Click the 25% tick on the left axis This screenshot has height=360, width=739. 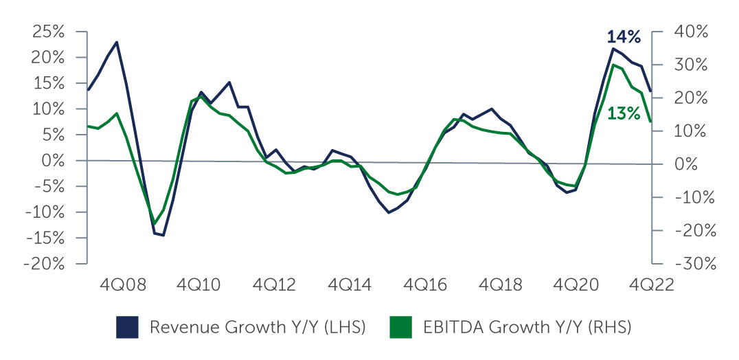click(x=83, y=32)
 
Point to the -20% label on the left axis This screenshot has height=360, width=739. click(x=45, y=265)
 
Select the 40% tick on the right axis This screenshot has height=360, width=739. click(x=656, y=32)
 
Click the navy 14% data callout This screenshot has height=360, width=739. click(x=624, y=36)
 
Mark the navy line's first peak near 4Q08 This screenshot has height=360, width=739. click(x=117, y=42)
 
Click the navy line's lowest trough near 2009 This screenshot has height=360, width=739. click(x=163, y=236)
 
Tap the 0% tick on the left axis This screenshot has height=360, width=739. click(x=83, y=161)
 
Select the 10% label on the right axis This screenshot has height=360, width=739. click(x=694, y=131)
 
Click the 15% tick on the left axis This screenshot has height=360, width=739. click(x=83, y=83)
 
